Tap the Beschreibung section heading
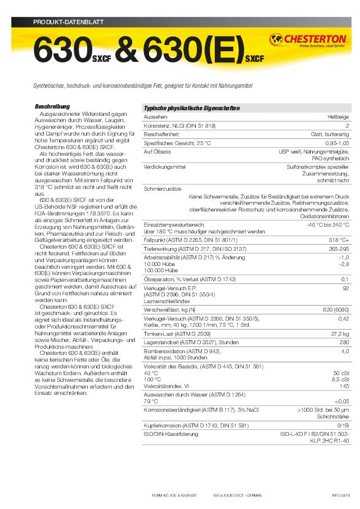[x=52, y=106]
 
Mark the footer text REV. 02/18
[x=341, y=496]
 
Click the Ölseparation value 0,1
[x=345, y=279]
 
